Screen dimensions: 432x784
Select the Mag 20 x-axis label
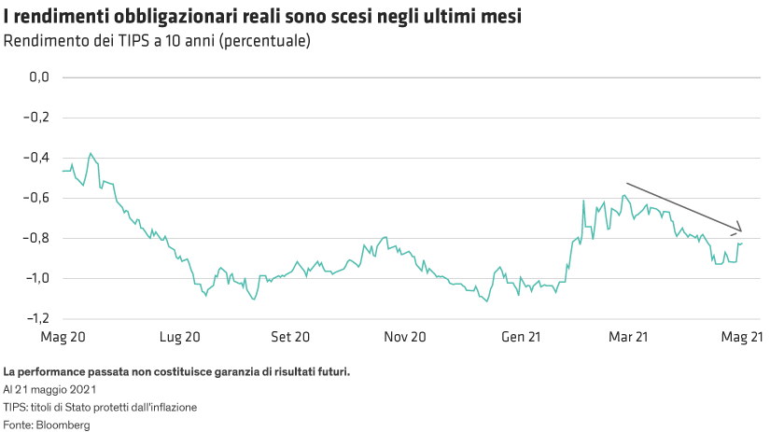click(x=63, y=336)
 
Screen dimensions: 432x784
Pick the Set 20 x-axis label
click(x=289, y=336)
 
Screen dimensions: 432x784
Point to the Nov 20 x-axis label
click(x=405, y=336)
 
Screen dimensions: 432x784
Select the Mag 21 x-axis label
click(x=745, y=336)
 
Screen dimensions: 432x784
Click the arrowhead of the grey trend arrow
click(x=741, y=231)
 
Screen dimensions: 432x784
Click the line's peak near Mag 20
click(x=91, y=153)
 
